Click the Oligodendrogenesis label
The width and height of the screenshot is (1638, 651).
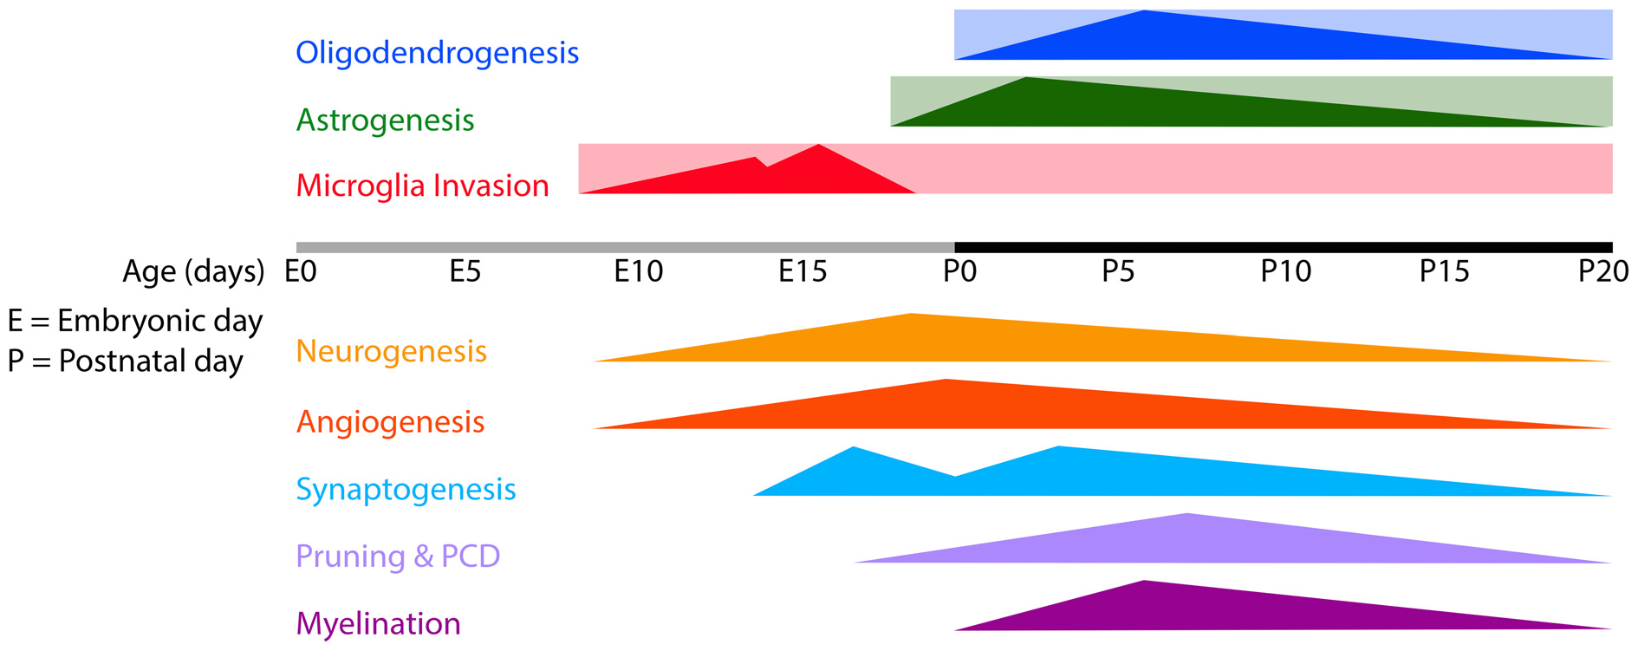click(437, 53)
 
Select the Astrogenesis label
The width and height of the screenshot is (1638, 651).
click(385, 120)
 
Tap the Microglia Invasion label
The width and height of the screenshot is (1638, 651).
click(422, 186)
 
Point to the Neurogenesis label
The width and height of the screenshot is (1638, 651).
click(391, 351)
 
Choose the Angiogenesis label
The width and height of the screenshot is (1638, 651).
click(390, 422)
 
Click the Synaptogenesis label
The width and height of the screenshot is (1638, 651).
click(406, 489)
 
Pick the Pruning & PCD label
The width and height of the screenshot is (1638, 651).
click(398, 556)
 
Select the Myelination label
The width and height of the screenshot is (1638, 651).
click(378, 623)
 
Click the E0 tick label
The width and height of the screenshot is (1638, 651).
click(301, 272)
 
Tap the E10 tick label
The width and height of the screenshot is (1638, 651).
click(638, 272)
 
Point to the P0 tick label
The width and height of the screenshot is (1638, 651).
click(959, 272)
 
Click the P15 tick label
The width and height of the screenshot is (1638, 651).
click(1444, 272)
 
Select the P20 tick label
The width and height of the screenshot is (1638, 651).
click(1602, 272)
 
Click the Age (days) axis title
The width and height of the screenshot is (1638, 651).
click(193, 272)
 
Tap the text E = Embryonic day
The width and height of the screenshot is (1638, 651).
click(135, 322)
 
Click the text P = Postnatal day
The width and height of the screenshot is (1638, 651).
click(126, 361)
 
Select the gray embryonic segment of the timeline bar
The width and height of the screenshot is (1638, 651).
click(624, 247)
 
